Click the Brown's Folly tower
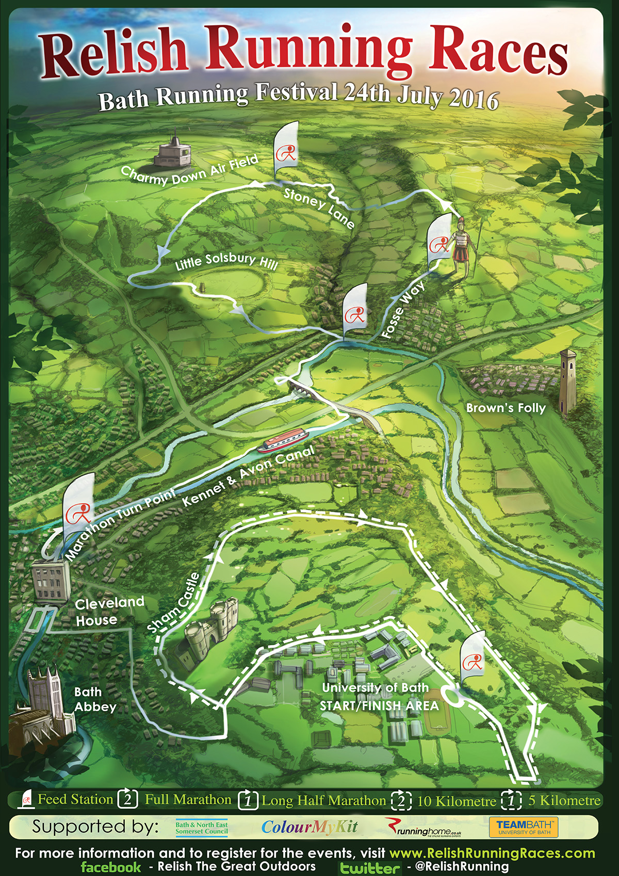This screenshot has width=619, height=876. tap(568, 382)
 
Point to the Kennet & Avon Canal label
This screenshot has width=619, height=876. tap(248, 476)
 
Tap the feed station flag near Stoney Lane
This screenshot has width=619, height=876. tap(286, 150)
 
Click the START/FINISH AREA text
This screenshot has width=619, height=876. tap(379, 706)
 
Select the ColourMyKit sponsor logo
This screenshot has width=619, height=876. tap(309, 827)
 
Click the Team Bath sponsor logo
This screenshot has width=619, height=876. tap(524, 827)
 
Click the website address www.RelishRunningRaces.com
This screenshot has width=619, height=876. tap(492, 853)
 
